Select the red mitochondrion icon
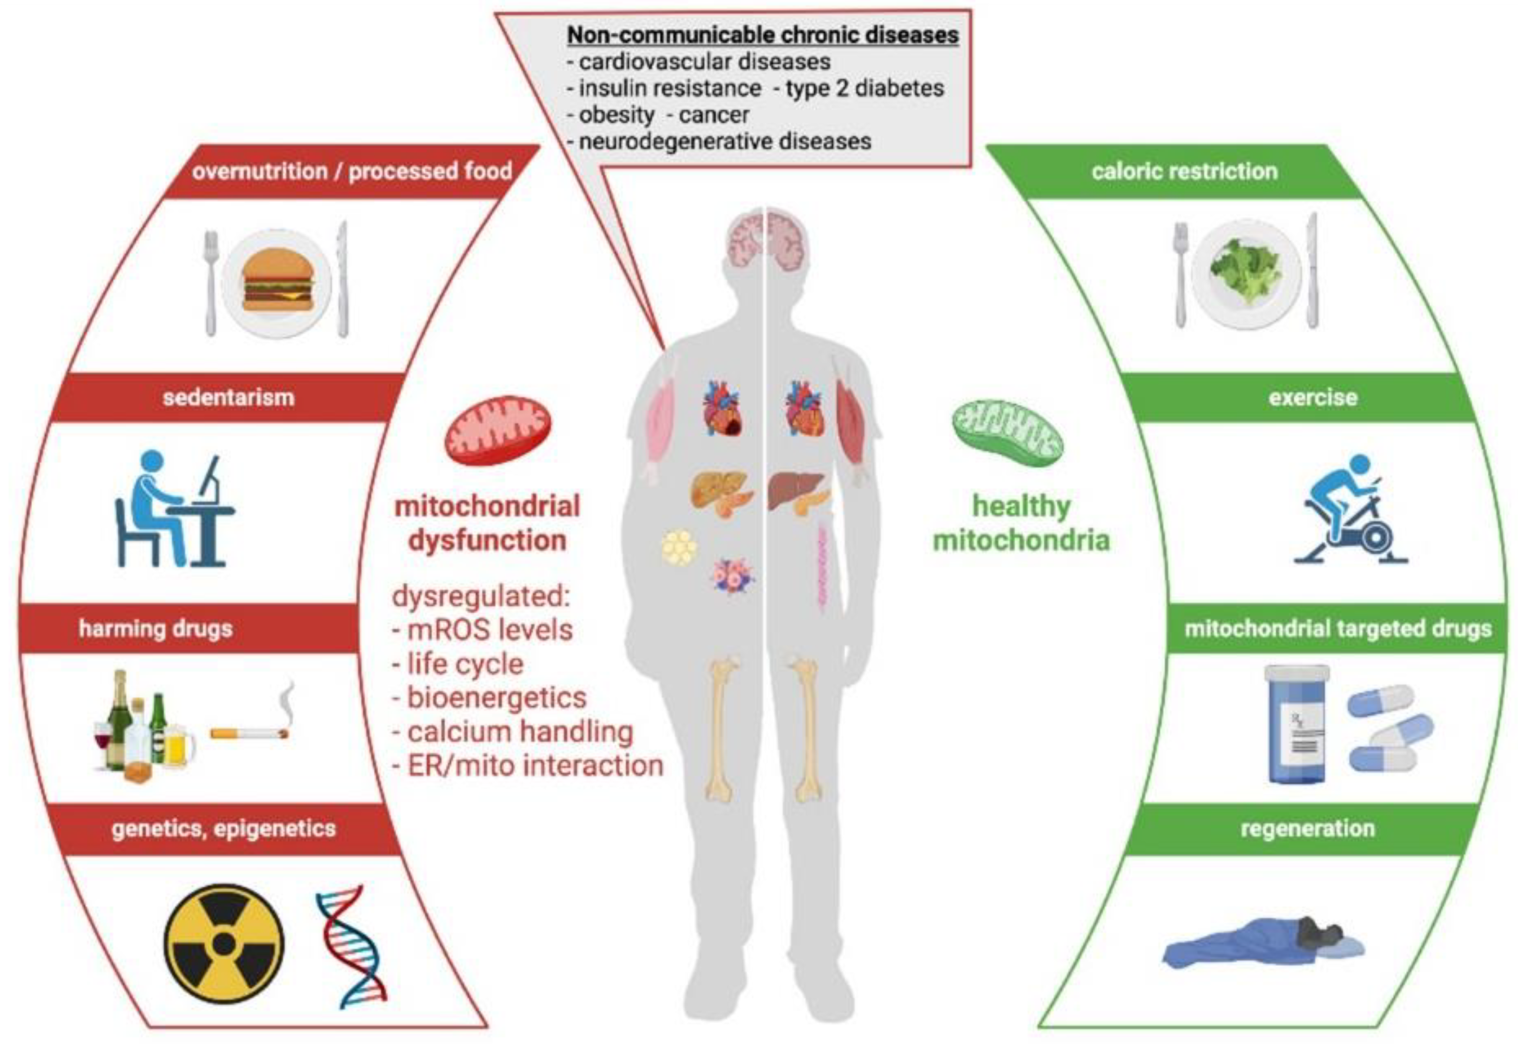497,429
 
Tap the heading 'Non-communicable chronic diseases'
762,34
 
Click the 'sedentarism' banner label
229,397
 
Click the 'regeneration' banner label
1307,828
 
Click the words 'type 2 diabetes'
865,87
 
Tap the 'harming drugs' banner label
156,628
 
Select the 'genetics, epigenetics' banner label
223,828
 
